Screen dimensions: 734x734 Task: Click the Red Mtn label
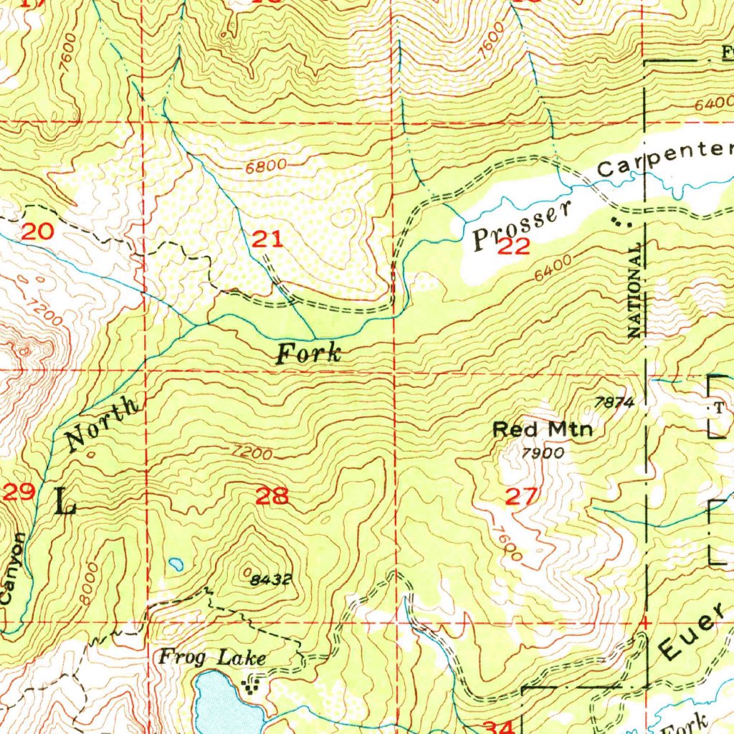click(x=543, y=430)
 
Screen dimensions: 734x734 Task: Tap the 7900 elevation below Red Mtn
click(x=543, y=453)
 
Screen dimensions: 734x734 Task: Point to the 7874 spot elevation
click(x=615, y=403)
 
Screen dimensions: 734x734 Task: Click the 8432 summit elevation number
click(x=271, y=580)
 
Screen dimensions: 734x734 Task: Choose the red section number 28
click(x=272, y=495)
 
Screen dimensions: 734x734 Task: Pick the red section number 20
click(x=37, y=232)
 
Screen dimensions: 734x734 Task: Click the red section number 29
click(x=19, y=492)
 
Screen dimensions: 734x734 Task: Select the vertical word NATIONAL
click(x=634, y=290)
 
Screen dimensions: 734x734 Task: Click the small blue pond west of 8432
click(x=174, y=565)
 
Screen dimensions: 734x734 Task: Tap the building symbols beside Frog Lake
click(x=251, y=685)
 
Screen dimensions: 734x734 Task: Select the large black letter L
click(x=65, y=501)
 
